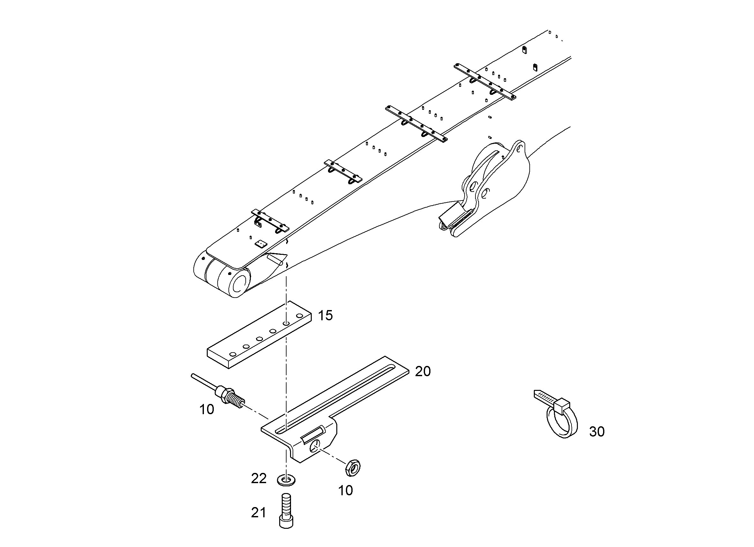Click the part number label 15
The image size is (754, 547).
(325, 315)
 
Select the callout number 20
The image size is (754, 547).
(423, 371)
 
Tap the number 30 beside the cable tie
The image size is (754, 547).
(597, 431)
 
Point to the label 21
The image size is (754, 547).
(258, 513)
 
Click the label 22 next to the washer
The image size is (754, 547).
(259, 478)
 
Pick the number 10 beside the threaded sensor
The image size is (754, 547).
(206, 410)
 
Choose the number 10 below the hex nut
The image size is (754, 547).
(346, 490)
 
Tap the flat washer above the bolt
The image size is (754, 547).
(286, 481)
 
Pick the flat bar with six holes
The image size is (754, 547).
(259, 334)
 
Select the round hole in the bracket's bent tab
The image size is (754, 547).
(316, 446)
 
